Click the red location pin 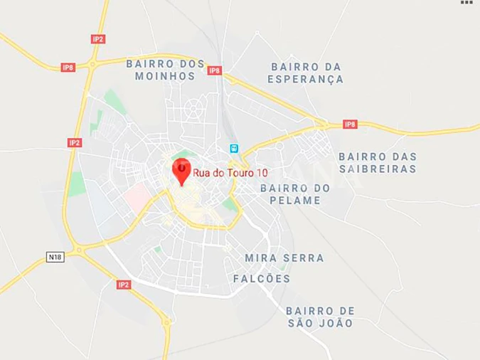coord(181,171)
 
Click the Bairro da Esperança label coord(305,73)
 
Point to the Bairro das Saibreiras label coord(377,163)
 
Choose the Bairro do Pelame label coord(295,194)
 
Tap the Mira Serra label coord(284,258)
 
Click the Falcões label coord(262,279)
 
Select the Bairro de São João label coord(319,317)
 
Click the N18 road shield coord(55,256)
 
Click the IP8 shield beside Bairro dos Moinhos coord(214,70)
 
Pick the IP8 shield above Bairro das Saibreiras coord(349,124)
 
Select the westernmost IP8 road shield coord(68,68)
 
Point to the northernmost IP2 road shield coord(98,38)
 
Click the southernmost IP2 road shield coord(124,285)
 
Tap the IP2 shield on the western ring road coord(75,142)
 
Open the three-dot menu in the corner coord(466,4)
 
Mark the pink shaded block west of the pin coord(137,193)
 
